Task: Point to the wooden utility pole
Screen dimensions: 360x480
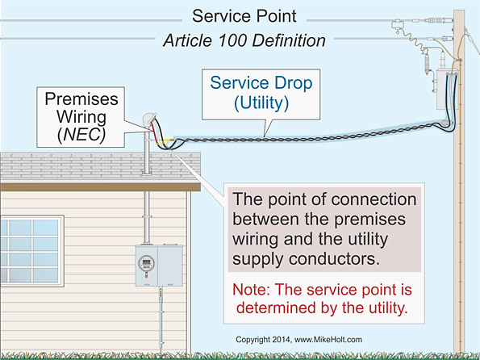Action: [x=462, y=242]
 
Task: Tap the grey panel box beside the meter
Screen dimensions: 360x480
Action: [x=172, y=263]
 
